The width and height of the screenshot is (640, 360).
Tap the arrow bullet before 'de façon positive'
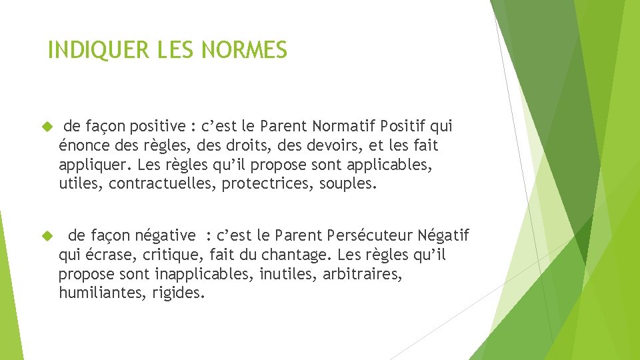coord(47,126)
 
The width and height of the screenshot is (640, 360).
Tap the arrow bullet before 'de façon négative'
coord(47,235)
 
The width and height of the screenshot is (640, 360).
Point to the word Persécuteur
coord(369,235)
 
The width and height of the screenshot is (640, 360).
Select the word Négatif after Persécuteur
coord(444,236)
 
